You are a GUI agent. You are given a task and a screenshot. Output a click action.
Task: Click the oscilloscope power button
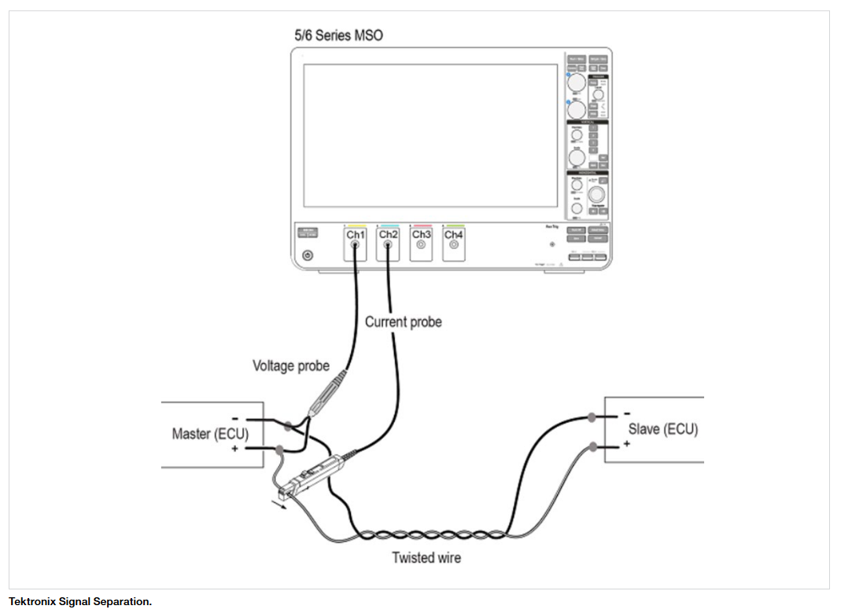pos(307,255)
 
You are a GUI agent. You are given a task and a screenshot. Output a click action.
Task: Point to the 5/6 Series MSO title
pos(338,35)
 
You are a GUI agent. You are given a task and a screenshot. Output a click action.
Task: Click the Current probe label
pos(403,321)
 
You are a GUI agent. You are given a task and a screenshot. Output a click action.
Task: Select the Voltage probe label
pos(290,365)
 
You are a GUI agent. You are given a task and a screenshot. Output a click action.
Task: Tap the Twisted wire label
pos(426,558)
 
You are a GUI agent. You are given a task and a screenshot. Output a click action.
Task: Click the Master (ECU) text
pos(207,434)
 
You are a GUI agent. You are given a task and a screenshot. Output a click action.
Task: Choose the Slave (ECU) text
pos(662,429)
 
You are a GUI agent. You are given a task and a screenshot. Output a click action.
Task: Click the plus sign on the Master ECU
pos(234,449)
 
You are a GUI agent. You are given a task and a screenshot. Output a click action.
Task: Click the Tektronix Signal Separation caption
pos(80,601)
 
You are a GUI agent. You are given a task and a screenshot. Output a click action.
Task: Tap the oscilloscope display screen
pos(431,134)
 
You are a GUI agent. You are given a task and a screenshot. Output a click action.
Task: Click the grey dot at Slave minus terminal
pos(592,417)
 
